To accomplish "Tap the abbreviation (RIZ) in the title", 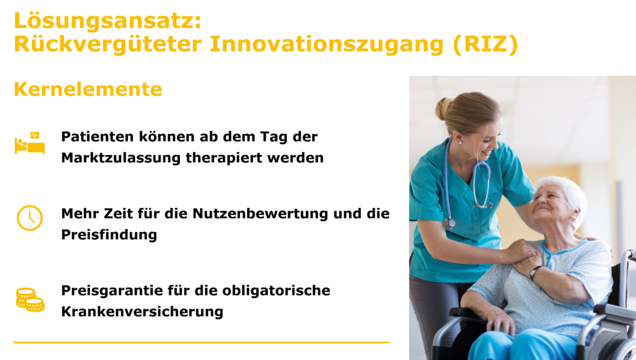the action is coord(486,44).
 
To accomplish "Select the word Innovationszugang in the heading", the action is coord(327,45).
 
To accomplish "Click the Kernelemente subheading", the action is coord(88,89).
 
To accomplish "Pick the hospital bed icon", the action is coord(30,143).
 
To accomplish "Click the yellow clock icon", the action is coord(30,218).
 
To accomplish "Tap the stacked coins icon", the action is coord(30,300).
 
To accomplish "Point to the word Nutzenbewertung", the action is coord(260,214).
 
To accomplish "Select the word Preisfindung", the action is coord(109,235).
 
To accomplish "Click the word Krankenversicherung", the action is coord(142,312).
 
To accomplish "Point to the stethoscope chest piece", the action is coord(450,223).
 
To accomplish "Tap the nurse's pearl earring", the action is coord(460,142).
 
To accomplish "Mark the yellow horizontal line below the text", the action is coord(202,343).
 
